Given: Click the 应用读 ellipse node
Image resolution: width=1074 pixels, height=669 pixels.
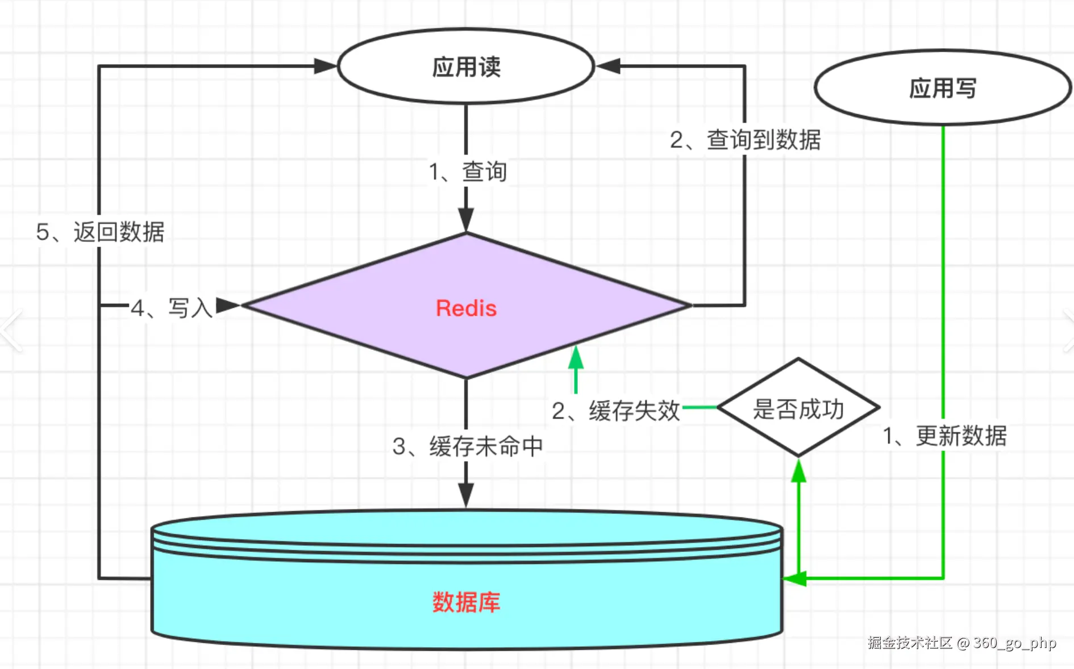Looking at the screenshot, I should click(466, 66).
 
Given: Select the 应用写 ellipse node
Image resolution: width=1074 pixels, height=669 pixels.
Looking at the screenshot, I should click(943, 88).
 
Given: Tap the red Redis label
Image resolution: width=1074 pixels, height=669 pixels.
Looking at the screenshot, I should click(466, 308).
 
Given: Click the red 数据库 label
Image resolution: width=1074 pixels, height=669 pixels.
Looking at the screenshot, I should click(466, 602).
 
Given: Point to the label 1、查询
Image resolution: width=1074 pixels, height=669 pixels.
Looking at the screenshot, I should click(467, 172).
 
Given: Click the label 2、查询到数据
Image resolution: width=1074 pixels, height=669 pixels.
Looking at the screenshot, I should click(745, 140).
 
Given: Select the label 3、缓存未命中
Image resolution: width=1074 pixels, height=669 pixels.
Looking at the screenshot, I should click(467, 446).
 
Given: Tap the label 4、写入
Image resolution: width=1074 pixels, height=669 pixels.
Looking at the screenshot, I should click(171, 308).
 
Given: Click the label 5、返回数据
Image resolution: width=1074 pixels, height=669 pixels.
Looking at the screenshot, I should click(100, 232).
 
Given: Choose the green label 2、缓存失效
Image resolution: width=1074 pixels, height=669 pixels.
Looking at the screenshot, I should click(615, 410).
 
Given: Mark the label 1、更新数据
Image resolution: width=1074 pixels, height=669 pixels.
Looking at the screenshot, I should click(944, 436).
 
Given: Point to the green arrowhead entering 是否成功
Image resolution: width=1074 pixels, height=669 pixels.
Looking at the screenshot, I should click(798, 471).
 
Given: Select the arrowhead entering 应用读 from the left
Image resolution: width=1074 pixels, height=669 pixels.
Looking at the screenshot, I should click(326, 66).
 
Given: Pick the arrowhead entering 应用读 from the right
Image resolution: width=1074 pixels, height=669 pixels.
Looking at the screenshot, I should click(608, 66).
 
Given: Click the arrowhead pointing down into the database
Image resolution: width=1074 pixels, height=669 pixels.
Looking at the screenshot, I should click(466, 495).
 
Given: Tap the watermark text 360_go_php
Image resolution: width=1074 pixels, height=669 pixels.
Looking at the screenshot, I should click(1014, 643).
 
